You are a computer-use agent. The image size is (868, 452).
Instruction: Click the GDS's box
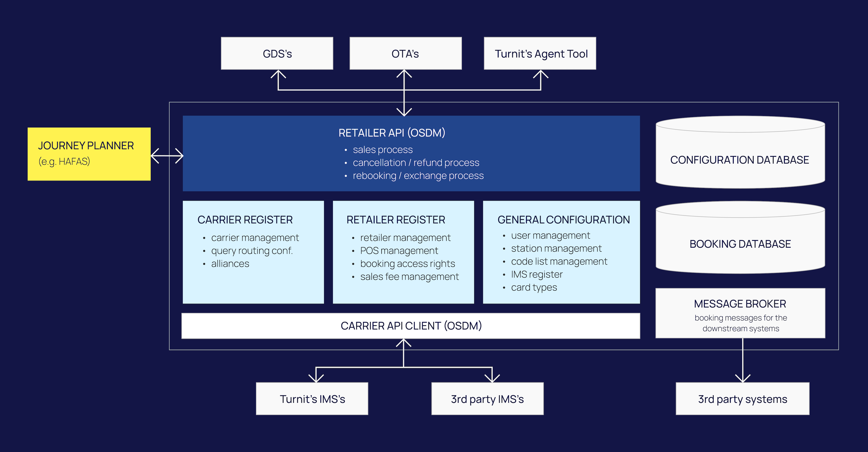coord(277,54)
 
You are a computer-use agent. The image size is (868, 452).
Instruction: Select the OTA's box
coord(405,54)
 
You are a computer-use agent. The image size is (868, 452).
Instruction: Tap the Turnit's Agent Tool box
coord(540,54)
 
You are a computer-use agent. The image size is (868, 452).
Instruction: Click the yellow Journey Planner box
coord(89,154)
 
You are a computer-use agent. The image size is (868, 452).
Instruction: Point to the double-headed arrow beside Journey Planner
coord(167,156)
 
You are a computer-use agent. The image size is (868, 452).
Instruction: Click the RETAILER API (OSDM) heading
coord(392,133)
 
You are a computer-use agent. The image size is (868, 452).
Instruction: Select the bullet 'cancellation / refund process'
coord(416,163)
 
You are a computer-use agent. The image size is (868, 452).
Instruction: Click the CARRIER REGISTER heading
coord(245,220)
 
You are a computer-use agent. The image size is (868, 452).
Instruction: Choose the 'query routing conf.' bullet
coord(252,251)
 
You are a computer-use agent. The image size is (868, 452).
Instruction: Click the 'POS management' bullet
coord(399,251)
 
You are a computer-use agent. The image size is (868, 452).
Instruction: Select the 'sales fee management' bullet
coord(409,277)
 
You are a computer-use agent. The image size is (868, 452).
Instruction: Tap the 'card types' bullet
coord(534,287)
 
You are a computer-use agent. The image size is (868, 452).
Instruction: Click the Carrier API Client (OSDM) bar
coord(411,326)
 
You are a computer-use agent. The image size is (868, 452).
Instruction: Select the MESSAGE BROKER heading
coord(740,304)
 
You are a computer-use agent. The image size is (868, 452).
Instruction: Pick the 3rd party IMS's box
coord(487,399)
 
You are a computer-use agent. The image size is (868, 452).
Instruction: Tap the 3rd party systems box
coord(742,399)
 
